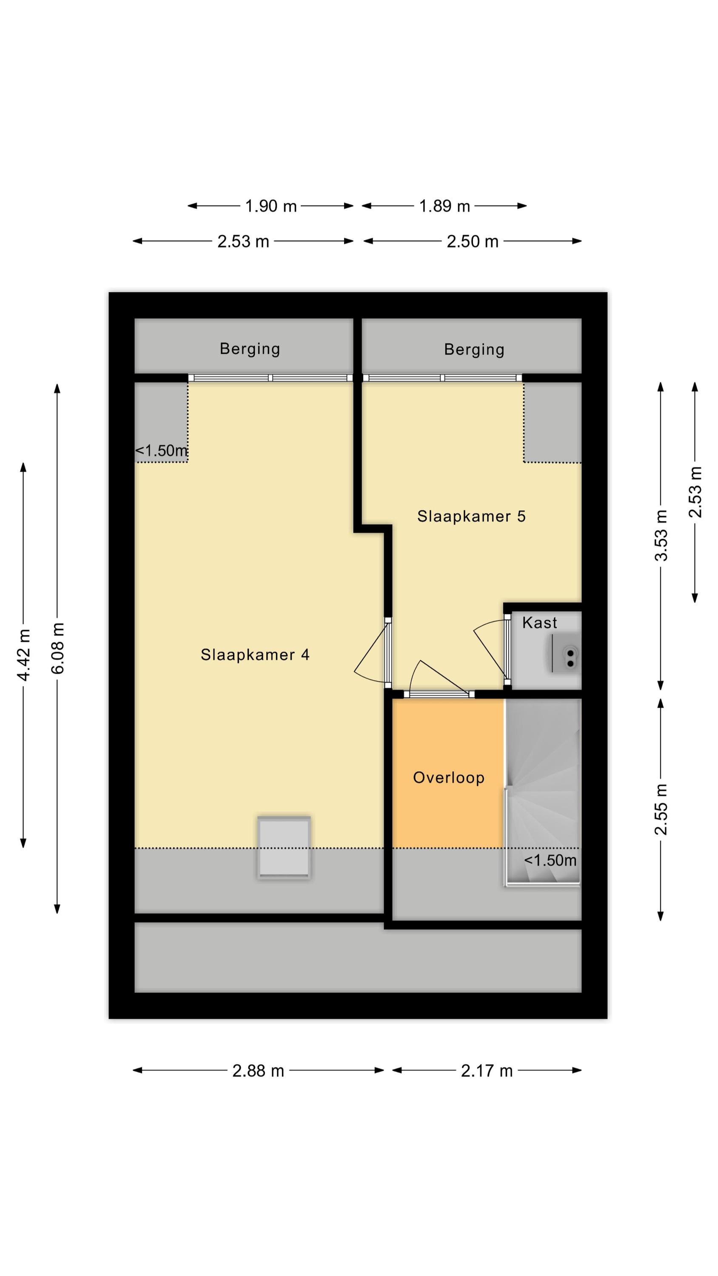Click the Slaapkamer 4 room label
(255, 655)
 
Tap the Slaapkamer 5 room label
(471, 517)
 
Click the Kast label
(540, 623)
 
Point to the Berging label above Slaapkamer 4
(250, 349)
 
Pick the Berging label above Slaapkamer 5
(474, 350)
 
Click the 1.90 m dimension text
(271, 206)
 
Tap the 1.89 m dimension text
(444, 206)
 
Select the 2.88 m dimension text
(258, 1071)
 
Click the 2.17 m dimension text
(487, 1071)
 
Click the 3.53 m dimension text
(661, 535)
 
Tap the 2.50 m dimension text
(472, 242)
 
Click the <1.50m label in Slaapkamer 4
(162, 451)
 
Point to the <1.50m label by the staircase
(550, 860)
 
